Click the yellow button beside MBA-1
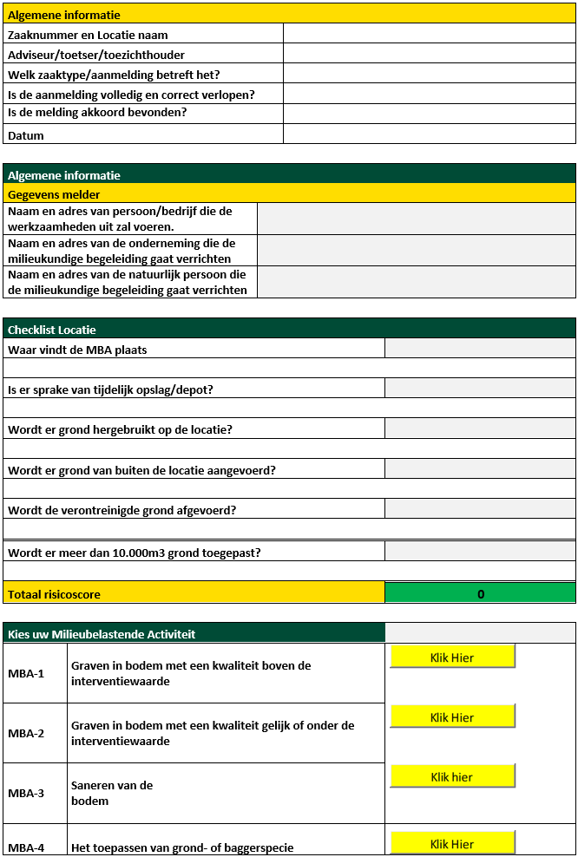(x=452, y=657)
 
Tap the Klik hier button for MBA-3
(x=452, y=776)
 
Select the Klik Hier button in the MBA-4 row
(x=452, y=843)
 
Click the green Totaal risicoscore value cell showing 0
(x=480, y=593)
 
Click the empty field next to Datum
(x=429, y=134)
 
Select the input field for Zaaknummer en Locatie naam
(x=429, y=35)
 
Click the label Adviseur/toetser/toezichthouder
(x=95, y=55)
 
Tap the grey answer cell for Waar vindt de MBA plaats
(x=480, y=349)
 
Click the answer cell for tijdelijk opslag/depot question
(x=480, y=389)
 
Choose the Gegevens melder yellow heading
(x=54, y=194)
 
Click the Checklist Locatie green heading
(x=52, y=329)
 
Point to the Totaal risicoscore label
(x=54, y=594)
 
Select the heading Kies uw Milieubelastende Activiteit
(x=102, y=634)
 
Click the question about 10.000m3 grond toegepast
(x=135, y=552)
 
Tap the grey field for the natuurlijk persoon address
(x=416, y=282)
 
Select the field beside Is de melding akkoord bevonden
(x=429, y=113)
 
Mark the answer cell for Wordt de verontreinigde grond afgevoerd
(x=480, y=508)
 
